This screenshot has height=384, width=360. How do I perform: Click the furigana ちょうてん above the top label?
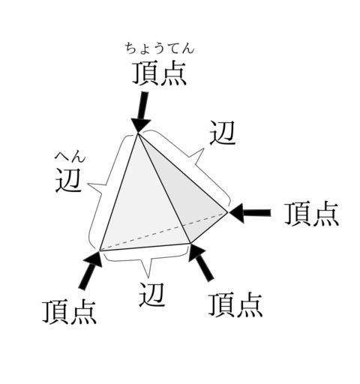coord(160,49)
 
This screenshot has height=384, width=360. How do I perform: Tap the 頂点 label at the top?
coord(159,73)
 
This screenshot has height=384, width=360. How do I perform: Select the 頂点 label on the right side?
coord(312,214)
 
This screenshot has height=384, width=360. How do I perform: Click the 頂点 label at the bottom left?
coord(69,312)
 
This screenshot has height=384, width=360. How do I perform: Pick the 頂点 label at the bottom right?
coord(235,305)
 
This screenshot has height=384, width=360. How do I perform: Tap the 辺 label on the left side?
coord(68,180)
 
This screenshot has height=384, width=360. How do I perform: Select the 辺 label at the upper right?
coord(222,133)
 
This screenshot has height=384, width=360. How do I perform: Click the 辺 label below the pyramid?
coord(151,295)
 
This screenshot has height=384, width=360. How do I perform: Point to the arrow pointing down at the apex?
coord(142,112)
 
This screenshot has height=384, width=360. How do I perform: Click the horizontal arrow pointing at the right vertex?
coord(250,213)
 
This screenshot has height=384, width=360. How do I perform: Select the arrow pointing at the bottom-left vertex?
coord(91,271)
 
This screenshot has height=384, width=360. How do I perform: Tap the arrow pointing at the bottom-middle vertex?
coord(201,262)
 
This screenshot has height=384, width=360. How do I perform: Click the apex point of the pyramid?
coord(138,133)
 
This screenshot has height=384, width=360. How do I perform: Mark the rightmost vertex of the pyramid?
coord(227,213)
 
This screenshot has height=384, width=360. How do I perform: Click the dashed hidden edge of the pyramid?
coord(163,232)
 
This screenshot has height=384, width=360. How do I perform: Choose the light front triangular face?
coord(140,200)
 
